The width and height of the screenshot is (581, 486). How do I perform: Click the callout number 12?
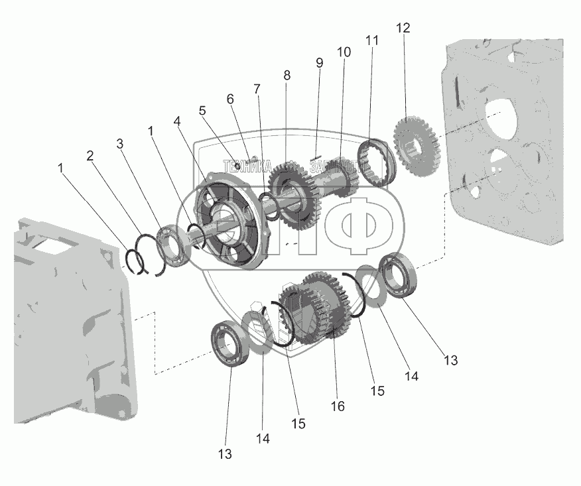pos(403,29)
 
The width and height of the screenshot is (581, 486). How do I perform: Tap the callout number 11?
pos(372,40)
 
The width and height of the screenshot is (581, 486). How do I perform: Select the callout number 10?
pos(344,51)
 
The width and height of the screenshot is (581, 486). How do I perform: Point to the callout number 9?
pos(319,63)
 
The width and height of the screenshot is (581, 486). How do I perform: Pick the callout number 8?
pos(287,76)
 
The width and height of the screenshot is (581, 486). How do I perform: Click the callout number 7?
pos(256,88)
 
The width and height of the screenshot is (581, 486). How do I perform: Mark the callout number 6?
pos(230,99)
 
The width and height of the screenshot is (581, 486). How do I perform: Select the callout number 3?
pos(119,143)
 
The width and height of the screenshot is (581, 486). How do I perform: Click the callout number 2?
pos(91,156)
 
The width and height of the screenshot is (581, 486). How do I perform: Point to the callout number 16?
pos(338,406)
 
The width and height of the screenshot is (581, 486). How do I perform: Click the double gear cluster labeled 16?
pos(317,308)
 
